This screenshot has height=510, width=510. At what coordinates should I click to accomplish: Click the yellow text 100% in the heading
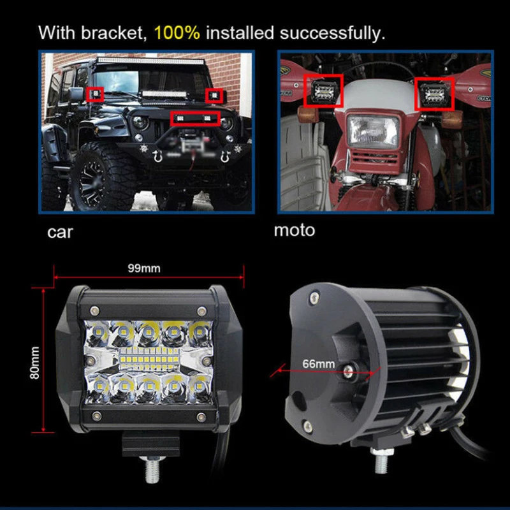[x=177, y=33]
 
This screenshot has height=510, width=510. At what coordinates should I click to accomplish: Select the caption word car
[x=60, y=232]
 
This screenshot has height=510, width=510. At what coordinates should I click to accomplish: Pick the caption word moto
[x=295, y=230]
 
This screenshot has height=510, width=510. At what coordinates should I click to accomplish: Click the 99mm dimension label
[x=144, y=268]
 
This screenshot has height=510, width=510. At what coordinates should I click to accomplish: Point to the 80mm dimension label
[x=34, y=363]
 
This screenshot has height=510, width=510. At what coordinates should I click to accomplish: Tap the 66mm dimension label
[x=318, y=363]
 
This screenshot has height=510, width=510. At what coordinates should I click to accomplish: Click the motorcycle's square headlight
[x=373, y=131]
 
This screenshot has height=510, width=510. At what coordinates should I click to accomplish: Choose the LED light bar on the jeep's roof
[x=150, y=61]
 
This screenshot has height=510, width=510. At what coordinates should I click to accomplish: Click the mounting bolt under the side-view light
[x=381, y=461]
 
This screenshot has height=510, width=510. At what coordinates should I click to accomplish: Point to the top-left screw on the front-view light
[x=94, y=310]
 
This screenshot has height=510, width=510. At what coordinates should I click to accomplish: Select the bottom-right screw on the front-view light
[x=201, y=417]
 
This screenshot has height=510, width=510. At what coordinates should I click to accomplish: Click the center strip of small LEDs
[x=149, y=359]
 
